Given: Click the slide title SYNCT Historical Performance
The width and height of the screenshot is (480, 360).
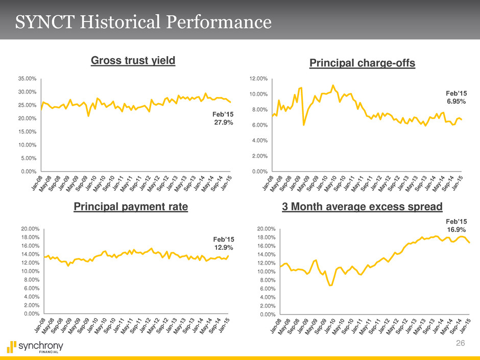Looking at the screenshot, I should [143, 22].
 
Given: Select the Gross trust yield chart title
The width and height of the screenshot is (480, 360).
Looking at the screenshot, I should [133, 61].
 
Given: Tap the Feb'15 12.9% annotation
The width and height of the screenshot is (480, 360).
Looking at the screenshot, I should [224, 244].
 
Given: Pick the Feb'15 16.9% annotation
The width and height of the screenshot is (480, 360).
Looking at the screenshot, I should [456, 225].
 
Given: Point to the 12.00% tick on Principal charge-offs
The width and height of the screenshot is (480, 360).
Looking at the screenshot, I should [258, 79].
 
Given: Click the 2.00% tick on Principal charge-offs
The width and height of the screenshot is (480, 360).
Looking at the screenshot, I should [259, 156].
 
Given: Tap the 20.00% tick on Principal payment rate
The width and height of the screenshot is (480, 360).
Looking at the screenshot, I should [29, 229].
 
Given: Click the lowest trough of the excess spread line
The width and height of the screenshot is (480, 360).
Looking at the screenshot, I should [331, 285].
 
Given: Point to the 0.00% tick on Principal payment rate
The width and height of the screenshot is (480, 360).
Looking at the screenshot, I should [30, 314].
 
